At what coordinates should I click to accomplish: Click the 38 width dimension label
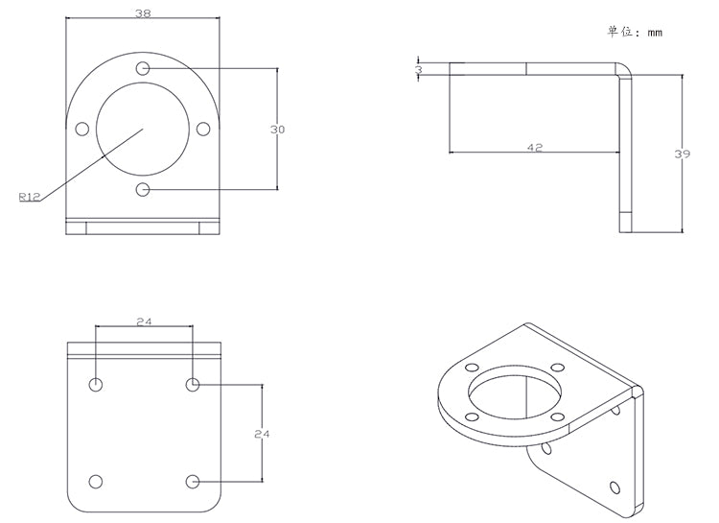click(x=142, y=13)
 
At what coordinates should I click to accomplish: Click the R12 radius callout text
click(x=29, y=197)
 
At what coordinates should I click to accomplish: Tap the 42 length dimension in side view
click(x=536, y=147)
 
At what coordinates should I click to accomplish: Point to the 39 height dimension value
click(x=683, y=153)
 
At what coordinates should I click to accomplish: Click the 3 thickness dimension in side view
click(x=418, y=70)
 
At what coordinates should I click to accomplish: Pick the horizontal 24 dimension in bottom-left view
click(x=144, y=321)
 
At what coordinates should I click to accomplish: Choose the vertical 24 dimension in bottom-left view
click(x=262, y=434)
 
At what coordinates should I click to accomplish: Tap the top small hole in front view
click(x=143, y=68)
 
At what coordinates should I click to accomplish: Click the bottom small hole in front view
click(x=143, y=189)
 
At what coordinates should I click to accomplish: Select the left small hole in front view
click(x=82, y=129)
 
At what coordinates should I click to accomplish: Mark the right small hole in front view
click(x=203, y=129)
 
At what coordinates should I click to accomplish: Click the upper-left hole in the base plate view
click(x=96, y=385)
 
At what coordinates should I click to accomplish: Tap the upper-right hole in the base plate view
click(x=193, y=385)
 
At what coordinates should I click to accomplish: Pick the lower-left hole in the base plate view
click(x=96, y=481)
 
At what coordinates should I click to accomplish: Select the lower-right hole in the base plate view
click(x=193, y=481)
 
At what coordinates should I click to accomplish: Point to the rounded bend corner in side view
click(x=624, y=72)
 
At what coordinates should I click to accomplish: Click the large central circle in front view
click(x=143, y=129)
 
